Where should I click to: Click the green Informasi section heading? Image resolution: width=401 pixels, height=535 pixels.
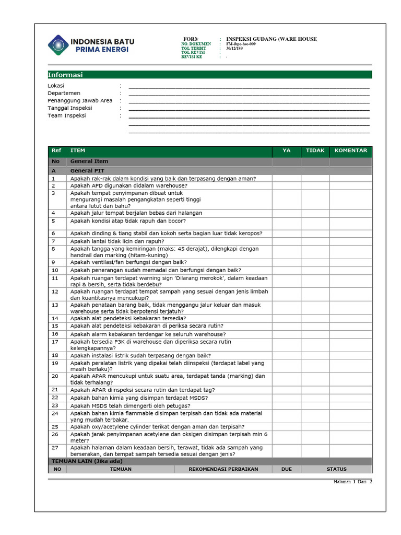65,75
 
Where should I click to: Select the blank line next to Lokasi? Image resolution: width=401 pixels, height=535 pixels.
249,86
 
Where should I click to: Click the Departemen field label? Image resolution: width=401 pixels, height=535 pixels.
64,93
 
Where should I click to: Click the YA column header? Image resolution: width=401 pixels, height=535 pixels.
286,150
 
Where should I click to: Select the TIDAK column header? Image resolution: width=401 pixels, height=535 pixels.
315,150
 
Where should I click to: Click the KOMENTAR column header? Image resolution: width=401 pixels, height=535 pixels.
350,150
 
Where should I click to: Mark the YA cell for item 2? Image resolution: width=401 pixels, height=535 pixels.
286,185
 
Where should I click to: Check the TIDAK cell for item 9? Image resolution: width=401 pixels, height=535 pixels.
315,262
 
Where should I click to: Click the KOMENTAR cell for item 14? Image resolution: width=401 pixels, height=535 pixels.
350,318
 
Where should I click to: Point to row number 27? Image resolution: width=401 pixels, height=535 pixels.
55,448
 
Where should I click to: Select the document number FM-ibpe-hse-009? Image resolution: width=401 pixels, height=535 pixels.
241,44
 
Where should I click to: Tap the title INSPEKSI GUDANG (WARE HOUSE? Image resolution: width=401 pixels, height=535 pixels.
271,39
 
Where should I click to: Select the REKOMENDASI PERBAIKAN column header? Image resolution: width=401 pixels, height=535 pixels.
223,469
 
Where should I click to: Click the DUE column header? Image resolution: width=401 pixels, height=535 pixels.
286,469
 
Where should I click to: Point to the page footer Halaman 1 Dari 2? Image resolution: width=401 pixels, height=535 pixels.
353,481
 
